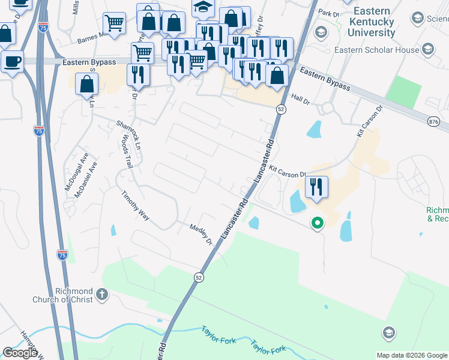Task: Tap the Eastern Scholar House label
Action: pos(377,50)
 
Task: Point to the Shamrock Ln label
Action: pos(128,134)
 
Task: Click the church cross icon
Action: pos(103,295)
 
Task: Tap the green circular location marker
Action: pos(318,223)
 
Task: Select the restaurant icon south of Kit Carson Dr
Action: pos(316,187)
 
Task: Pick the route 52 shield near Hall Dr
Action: pos(281,109)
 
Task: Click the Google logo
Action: pos(20,353)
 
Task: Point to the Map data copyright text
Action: pos(412,355)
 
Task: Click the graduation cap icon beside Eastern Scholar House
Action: pos(427,48)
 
